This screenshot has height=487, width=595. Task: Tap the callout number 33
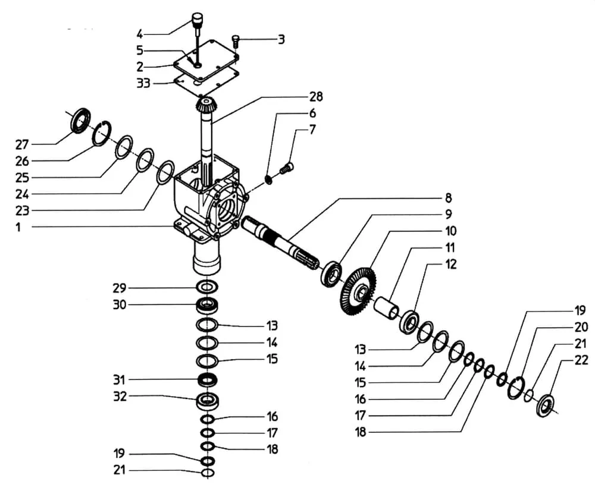tap(143, 83)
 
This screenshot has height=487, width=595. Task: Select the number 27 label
tap(22, 144)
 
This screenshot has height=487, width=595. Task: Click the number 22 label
tap(581, 360)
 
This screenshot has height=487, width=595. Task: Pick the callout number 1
tap(18, 227)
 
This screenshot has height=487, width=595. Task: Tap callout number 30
tap(120, 305)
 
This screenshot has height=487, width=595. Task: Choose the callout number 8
tap(447, 198)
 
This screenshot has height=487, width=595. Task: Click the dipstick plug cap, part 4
tap(197, 18)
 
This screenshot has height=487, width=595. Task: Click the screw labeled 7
tap(287, 169)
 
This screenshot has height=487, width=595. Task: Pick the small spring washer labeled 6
tap(268, 178)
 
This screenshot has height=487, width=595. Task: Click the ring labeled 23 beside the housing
tap(165, 172)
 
